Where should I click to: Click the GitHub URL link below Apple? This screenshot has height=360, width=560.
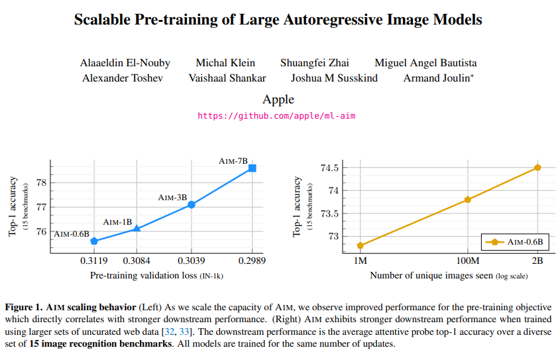(277, 115)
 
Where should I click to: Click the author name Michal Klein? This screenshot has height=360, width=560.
(225, 63)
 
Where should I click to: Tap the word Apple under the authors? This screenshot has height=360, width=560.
(278, 99)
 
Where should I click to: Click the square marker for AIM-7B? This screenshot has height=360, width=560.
(252, 168)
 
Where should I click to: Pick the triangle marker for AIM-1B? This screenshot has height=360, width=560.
(137, 228)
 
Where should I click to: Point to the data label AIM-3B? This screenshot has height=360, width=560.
(172, 198)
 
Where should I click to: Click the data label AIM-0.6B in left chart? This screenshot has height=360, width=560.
(72, 233)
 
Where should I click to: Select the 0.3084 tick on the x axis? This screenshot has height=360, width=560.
(136, 261)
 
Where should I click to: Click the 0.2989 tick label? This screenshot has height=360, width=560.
(252, 261)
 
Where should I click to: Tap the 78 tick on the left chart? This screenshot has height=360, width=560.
(42, 182)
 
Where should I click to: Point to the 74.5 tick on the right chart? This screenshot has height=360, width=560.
(329, 168)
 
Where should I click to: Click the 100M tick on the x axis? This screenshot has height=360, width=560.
(467, 261)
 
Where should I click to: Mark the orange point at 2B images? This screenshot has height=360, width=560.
(537, 168)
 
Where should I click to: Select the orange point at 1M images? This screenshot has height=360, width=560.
(361, 245)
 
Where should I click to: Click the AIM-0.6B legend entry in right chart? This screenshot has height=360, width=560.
(514, 242)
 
